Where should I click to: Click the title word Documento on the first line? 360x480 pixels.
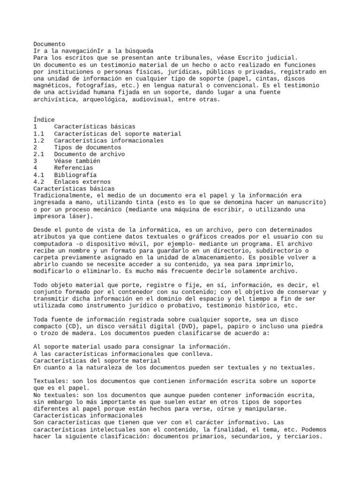[x=49, y=44]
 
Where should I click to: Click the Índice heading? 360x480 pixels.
[x=44, y=120]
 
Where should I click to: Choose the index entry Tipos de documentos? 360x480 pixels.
[x=87, y=147]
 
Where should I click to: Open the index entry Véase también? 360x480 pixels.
[x=77, y=161]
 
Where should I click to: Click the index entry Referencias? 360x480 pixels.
[x=74, y=168]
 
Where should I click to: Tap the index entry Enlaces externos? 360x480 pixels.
[x=82, y=182]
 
